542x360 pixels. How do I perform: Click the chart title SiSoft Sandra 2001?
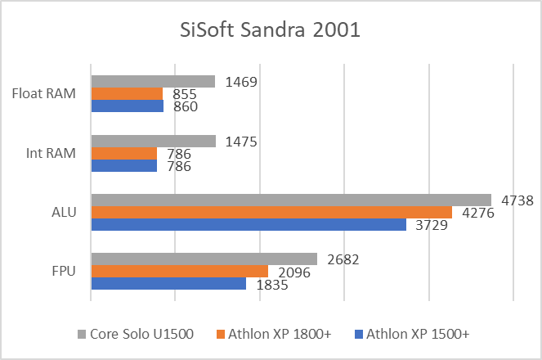(270, 31)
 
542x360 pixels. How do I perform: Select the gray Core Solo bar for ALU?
(291, 200)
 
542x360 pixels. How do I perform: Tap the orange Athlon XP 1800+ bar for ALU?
(271, 212)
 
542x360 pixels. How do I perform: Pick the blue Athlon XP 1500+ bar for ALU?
(249, 224)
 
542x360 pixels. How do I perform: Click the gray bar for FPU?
(204, 259)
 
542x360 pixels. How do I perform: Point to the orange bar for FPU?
(180, 272)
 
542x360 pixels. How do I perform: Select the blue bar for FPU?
(168, 283)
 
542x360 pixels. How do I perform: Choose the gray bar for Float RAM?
(153, 82)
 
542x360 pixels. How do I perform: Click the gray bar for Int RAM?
(153, 141)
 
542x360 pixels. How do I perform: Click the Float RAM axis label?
(51, 94)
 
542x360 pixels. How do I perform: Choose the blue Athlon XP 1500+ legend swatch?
(359, 335)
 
